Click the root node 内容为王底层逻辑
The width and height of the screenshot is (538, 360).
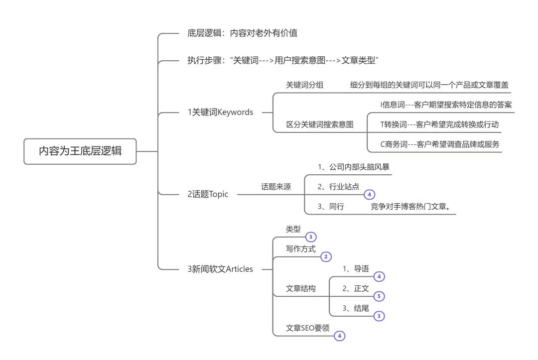pyautogui.click(x=80, y=151)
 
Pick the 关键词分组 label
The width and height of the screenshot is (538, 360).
pyautogui.click(x=304, y=85)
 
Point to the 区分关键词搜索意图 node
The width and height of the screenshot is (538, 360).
pyautogui.click(x=319, y=124)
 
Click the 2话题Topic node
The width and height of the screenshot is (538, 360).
pyautogui.click(x=204, y=194)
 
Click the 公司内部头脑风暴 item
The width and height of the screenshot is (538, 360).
pyautogui.click(x=350, y=167)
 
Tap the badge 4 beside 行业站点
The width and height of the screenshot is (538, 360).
pyautogui.click(x=369, y=194)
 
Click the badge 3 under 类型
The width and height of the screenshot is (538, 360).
pyautogui.click(x=311, y=237)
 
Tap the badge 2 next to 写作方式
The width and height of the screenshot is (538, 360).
pyautogui.click(x=326, y=256)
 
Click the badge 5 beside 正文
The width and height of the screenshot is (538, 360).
pyautogui.click(x=379, y=296)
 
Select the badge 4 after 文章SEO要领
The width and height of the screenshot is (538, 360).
pyautogui.click(x=339, y=336)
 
